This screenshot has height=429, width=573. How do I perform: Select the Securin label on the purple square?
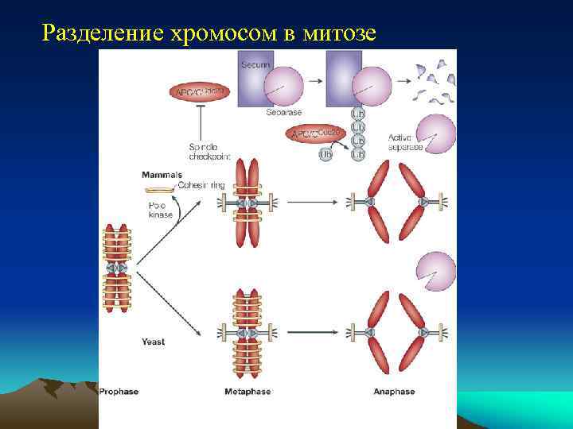tap(256, 64)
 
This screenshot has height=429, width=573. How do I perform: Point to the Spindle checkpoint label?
tap(209, 152)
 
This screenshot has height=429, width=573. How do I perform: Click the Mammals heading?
tap(162, 174)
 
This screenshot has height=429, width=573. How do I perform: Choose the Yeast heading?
tap(153, 342)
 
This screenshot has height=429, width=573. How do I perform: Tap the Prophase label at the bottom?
tap(120, 392)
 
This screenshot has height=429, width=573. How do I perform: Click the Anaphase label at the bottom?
tap(393, 392)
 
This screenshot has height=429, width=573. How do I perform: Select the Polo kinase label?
tap(160, 210)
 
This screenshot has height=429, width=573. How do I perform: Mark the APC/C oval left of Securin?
tap(199, 92)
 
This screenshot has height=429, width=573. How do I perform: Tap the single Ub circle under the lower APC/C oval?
tap(325, 154)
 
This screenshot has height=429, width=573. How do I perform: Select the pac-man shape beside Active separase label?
tap(435, 133)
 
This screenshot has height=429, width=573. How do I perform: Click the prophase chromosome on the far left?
tap(117, 269)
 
